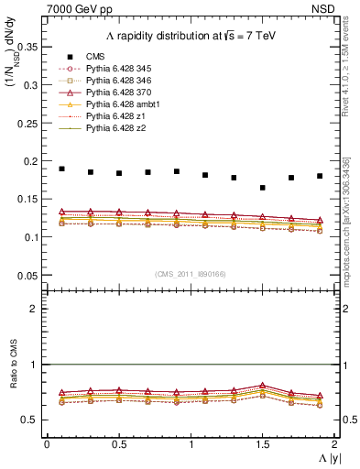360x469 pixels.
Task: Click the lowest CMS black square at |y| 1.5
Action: click(263, 188)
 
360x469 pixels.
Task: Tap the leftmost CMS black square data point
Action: click(62, 169)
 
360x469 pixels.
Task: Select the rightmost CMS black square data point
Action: click(320, 176)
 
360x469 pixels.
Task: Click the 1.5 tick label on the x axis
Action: click(263, 443)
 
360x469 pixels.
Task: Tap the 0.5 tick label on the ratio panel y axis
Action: click(31, 420)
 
